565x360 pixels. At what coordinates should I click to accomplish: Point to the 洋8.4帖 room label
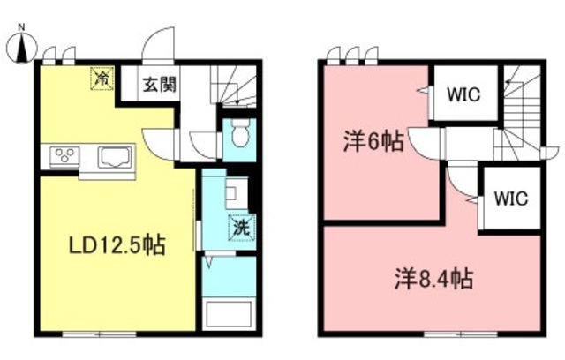click(x=433, y=281)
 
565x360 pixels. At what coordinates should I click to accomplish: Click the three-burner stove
click(x=64, y=157)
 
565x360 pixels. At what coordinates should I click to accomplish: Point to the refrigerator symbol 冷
click(x=103, y=79)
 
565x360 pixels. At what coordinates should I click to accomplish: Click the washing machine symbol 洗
click(x=239, y=228)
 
